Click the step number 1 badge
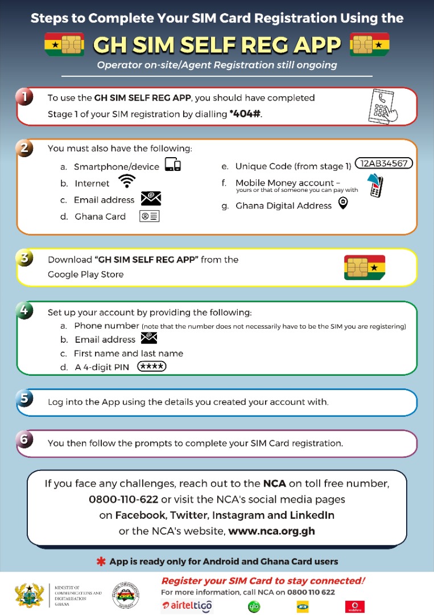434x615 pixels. click(x=24, y=96)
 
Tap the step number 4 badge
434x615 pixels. click(x=24, y=311)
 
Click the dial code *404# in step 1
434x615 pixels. click(x=245, y=114)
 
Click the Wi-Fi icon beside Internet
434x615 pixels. click(x=127, y=182)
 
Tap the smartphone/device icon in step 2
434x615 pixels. click(x=172, y=165)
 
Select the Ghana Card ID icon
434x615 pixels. click(x=150, y=216)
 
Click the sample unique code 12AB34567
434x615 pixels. click(x=383, y=164)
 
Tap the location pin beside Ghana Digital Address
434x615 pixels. click(x=343, y=203)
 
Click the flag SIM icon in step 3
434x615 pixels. click(x=364, y=267)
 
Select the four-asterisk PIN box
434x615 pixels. click(x=151, y=366)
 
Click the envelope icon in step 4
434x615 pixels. click(x=148, y=339)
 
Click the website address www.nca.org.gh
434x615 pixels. click(x=271, y=531)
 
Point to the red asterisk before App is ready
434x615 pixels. click(x=101, y=561)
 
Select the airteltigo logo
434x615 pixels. click(x=187, y=606)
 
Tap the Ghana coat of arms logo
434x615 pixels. click(x=28, y=595)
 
